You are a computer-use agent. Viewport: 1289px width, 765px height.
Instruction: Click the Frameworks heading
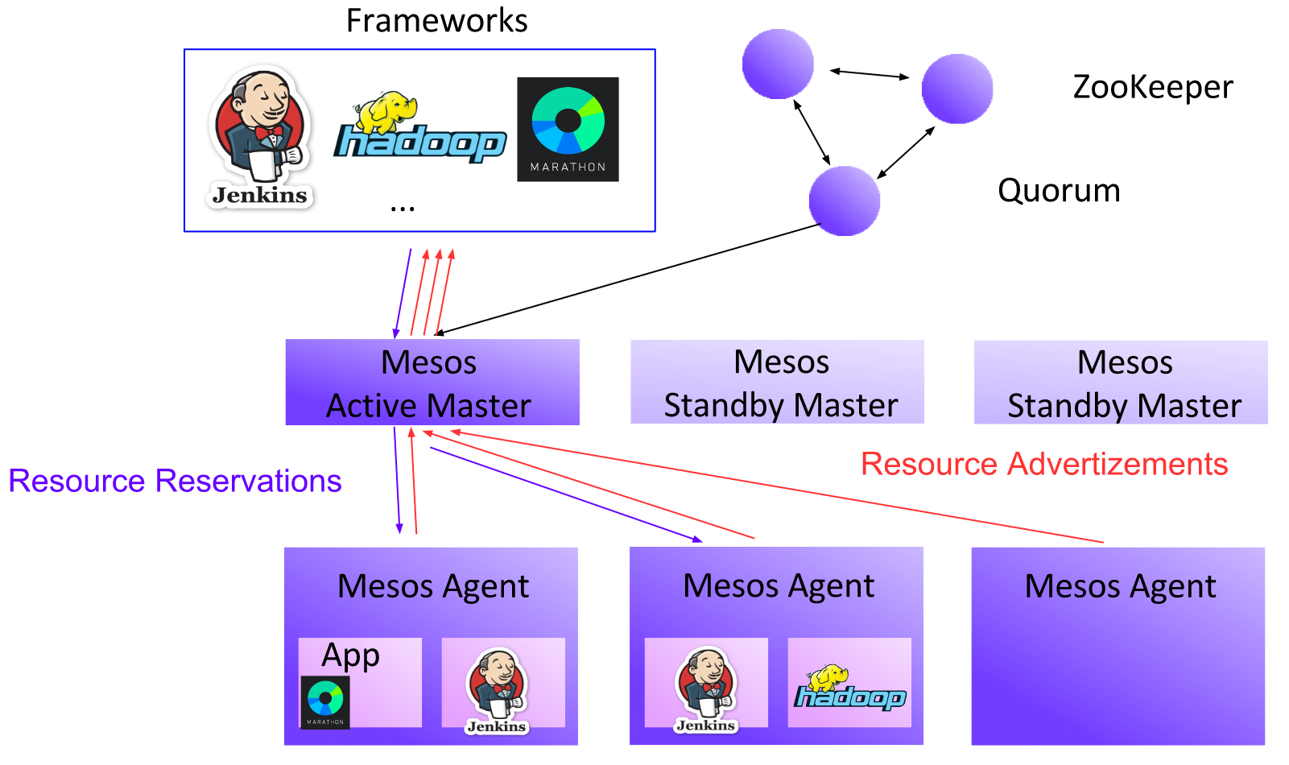click(x=436, y=21)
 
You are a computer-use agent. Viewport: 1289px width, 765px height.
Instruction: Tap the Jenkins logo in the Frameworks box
click(x=259, y=137)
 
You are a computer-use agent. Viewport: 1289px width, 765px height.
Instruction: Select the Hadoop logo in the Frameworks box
click(x=419, y=129)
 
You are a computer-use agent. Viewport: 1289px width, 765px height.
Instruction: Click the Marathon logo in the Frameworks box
click(x=568, y=129)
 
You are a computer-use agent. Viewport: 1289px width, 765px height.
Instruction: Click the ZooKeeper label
click(x=1152, y=87)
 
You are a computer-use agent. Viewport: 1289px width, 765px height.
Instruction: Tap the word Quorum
click(x=1059, y=191)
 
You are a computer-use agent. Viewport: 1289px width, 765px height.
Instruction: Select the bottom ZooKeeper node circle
click(x=844, y=201)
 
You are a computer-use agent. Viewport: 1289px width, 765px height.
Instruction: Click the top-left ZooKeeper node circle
click(x=777, y=64)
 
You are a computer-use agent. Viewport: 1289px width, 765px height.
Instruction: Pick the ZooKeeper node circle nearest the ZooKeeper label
click(x=956, y=89)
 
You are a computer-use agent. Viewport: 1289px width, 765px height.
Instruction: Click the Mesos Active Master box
click(x=432, y=382)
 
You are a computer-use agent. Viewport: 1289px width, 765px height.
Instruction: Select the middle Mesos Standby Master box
click(x=777, y=382)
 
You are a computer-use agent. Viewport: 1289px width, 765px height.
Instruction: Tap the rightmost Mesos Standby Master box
click(x=1121, y=382)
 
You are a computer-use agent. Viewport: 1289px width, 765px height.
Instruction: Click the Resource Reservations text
click(x=175, y=481)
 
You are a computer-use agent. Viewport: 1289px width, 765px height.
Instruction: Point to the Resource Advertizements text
click(x=1044, y=464)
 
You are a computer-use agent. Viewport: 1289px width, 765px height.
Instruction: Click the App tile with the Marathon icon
click(x=360, y=683)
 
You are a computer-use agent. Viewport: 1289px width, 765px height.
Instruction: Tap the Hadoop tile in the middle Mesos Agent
click(x=849, y=683)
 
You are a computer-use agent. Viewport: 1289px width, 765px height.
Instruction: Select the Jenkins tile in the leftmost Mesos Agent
click(x=502, y=683)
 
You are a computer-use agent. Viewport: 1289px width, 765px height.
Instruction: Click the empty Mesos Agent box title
click(x=1119, y=586)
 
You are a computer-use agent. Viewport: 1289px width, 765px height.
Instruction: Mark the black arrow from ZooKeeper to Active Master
click(x=628, y=278)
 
